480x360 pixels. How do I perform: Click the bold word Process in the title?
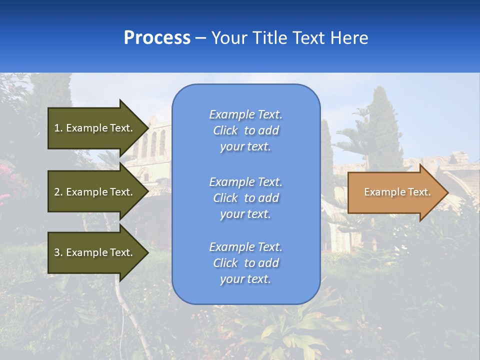[157, 38]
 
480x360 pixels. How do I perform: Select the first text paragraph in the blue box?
[245, 130]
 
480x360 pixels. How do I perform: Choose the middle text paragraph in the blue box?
[245, 198]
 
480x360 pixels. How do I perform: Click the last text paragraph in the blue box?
[245, 263]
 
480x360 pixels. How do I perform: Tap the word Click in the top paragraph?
[225, 130]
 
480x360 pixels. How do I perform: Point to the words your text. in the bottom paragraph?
[245, 279]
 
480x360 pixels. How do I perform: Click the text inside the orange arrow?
[397, 192]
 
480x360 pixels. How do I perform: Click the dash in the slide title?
[201, 38]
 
